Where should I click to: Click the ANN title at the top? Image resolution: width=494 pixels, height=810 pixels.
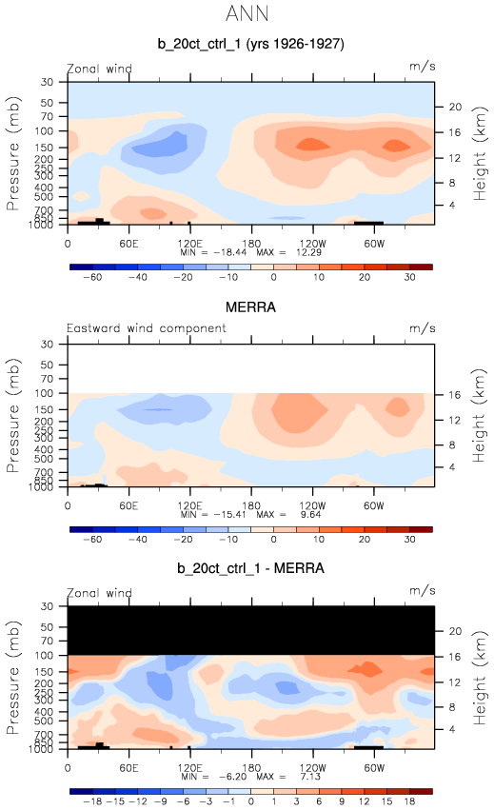pos(247,13)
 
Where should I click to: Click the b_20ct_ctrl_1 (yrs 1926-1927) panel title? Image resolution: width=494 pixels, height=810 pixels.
pos(250,44)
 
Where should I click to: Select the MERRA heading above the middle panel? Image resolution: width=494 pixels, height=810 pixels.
pos(250,307)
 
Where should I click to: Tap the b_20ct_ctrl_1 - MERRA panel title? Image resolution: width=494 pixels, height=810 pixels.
pos(250,568)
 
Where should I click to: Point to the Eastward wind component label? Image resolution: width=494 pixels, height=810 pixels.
pos(147,328)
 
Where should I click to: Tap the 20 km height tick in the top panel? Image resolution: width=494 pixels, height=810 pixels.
pos(455,107)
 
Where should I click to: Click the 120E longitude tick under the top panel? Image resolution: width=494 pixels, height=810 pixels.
pos(189,244)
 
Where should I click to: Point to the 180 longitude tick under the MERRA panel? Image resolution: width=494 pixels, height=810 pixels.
pos(251,505)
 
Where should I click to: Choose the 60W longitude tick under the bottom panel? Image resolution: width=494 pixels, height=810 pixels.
pos(374,767)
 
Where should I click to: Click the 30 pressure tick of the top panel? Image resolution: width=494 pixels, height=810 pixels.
pos(47,82)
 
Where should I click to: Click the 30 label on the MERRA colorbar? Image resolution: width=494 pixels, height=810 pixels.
pos(410,540)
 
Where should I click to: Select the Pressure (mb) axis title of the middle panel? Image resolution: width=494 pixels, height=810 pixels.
pos(13,415)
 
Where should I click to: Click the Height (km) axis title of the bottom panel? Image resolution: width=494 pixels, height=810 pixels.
pos(480,678)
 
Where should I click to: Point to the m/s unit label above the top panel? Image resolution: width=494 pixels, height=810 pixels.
pos(423,67)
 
